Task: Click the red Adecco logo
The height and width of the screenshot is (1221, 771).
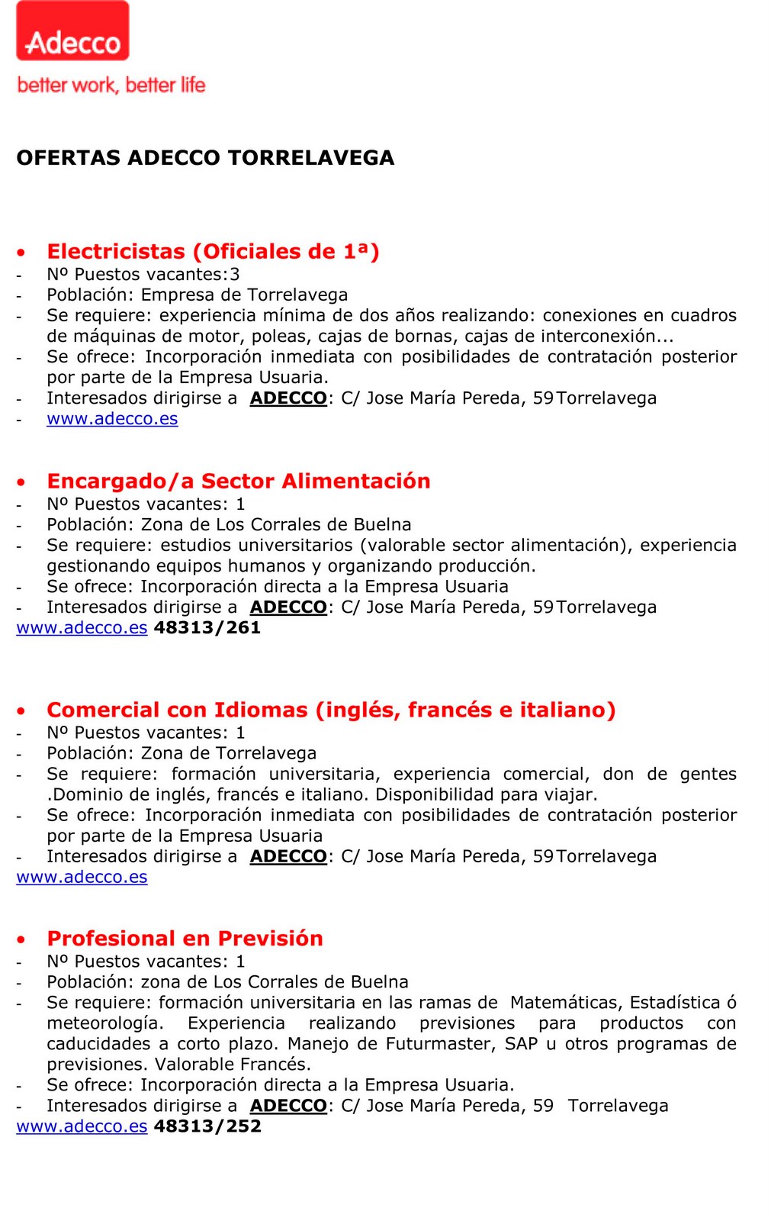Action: [72, 31]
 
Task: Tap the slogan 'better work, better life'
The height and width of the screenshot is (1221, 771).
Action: [111, 85]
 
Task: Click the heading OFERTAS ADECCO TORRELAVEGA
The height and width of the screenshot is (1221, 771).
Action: [205, 158]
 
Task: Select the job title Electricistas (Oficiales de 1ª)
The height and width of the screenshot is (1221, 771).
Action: [213, 252]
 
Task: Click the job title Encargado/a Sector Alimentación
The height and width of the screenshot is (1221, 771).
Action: [239, 482]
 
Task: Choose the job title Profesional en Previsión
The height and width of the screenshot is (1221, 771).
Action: [185, 939]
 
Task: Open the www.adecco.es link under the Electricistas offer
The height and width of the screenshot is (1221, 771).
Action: [112, 419]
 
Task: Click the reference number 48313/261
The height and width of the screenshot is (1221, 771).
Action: [207, 628]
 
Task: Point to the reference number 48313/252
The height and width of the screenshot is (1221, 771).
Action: [207, 1126]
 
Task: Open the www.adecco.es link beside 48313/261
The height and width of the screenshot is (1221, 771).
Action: [82, 628]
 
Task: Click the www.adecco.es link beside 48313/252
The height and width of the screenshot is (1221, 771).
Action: [82, 1126]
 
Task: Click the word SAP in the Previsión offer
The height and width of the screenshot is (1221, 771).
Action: [521, 1044]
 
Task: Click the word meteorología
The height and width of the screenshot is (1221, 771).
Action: [104, 1023]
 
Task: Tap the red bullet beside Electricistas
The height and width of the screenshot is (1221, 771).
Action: [21, 253]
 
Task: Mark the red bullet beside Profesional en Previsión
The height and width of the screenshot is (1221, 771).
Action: [21, 939]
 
